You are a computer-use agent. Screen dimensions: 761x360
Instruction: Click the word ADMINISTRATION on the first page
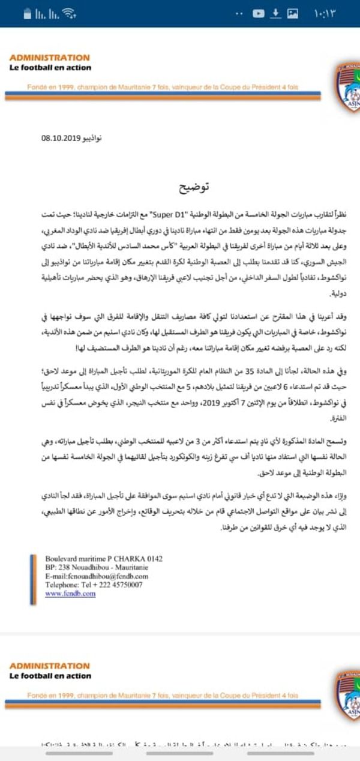tap(49, 58)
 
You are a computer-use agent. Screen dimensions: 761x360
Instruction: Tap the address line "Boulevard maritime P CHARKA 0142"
tap(104, 541)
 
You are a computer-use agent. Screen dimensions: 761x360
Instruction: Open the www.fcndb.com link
tap(70, 576)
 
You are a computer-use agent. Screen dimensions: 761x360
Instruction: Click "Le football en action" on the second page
tap(50, 676)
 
